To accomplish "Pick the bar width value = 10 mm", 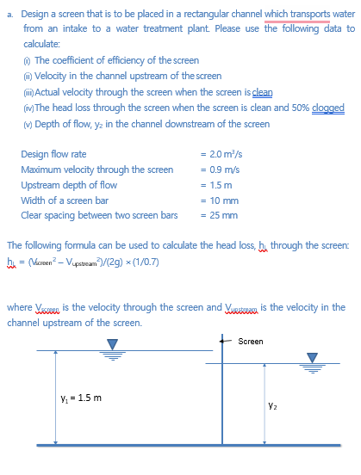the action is pos(215,200).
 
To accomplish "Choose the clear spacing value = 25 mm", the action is pos(215,214).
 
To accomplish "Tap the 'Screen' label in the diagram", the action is pos(251,341).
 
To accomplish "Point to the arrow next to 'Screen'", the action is pos(228,341).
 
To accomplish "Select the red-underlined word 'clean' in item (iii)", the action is pos(262,92).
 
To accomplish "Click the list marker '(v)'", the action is pos(28,124).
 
